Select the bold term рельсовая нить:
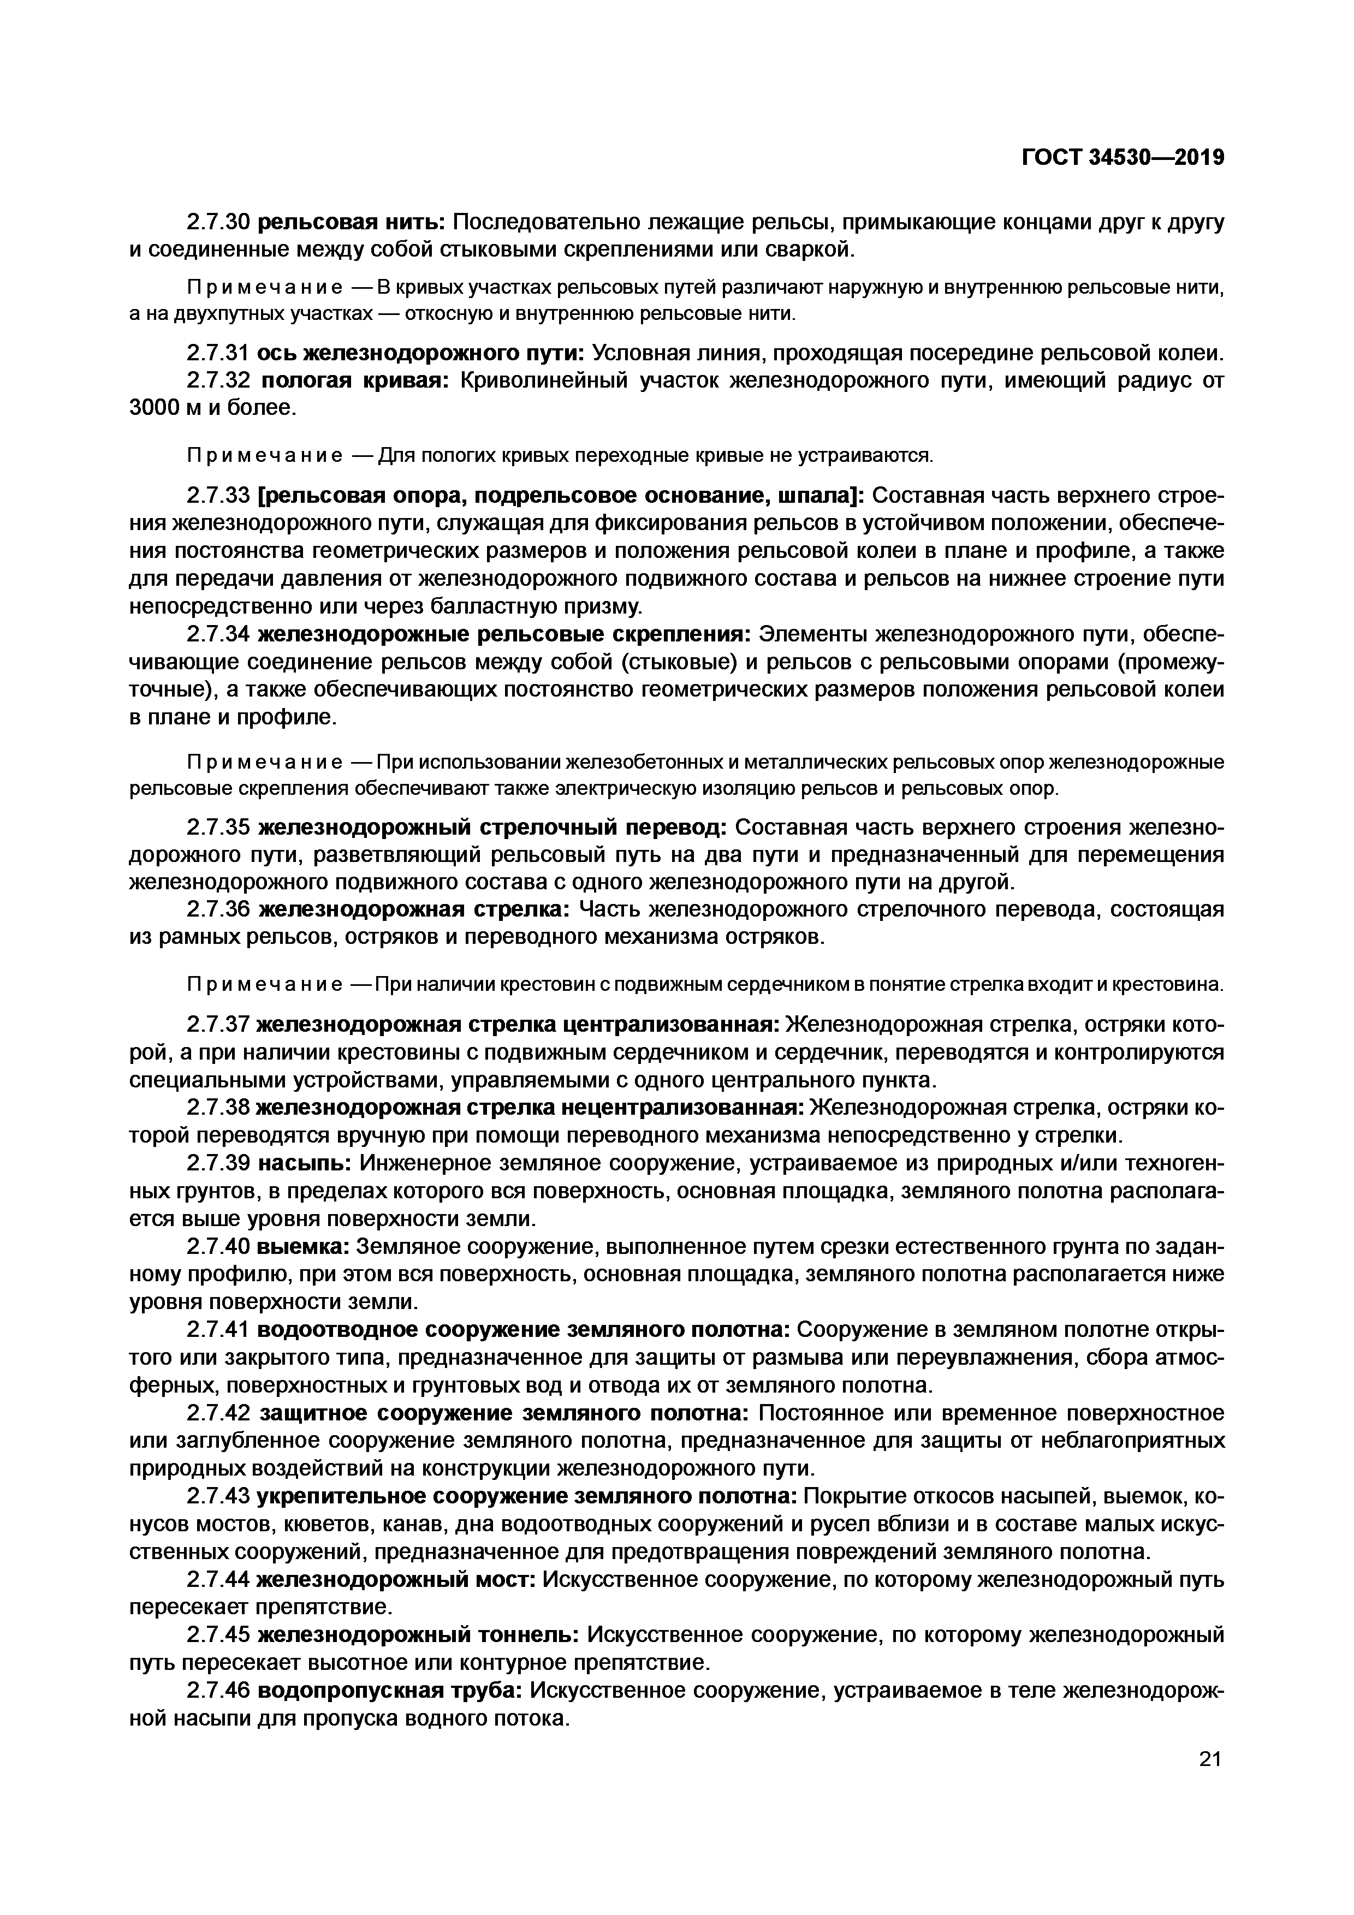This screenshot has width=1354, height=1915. pyautogui.click(x=353, y=223)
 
